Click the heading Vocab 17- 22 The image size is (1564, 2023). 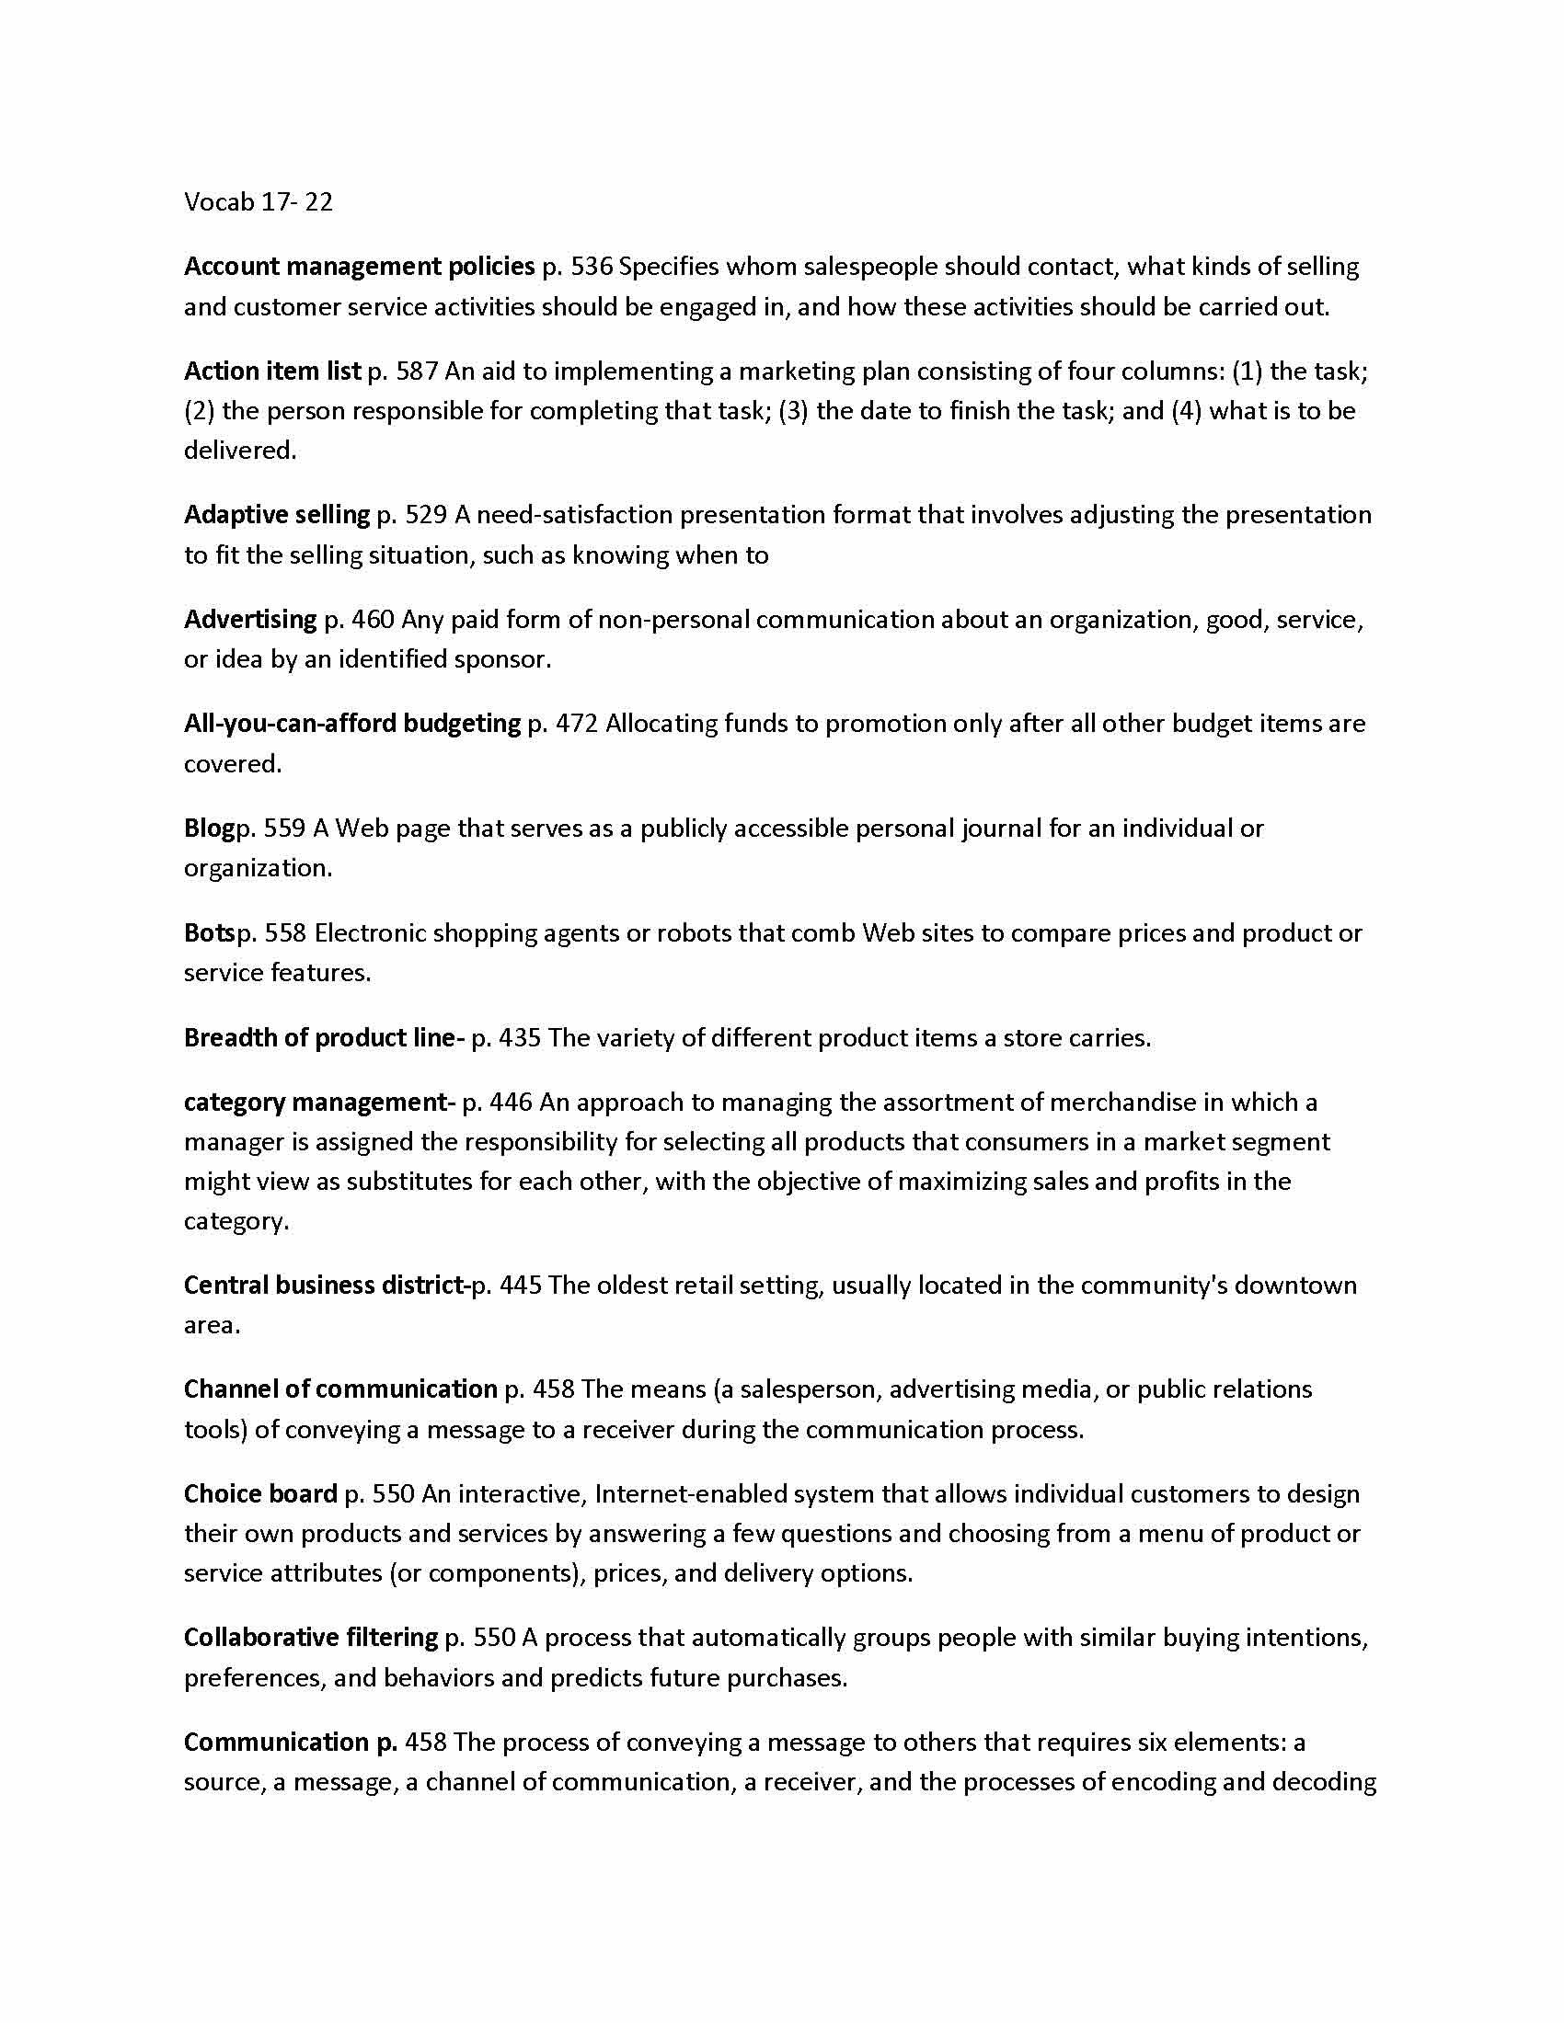click(258, 202)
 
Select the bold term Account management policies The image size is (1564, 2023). click(360, 267)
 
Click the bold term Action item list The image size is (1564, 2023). click(272, 371)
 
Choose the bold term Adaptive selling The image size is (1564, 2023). click(277, 515)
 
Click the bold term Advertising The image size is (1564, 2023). click(250, 620)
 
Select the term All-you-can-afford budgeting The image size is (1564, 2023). click(352, 724)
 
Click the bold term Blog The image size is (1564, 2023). click(209, 829)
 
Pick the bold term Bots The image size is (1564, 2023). click(209, 932)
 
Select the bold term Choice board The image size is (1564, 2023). click(260, 1494)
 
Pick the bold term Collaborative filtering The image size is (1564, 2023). click(310, 1638)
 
